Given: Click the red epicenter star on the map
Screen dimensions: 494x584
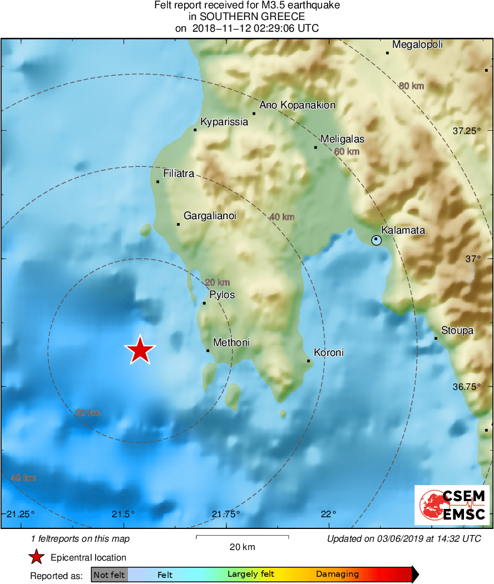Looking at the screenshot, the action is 140,350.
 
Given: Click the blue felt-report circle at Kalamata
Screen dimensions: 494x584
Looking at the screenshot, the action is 377,240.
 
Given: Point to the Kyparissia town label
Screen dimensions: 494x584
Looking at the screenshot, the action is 224,122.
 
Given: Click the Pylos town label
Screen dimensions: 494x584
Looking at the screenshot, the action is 222,295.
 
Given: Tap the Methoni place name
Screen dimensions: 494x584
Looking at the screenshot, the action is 231,343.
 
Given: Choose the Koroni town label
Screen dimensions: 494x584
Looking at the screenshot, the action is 329,353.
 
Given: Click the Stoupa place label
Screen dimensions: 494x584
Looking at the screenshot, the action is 457,330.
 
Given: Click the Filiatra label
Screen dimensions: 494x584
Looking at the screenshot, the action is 179,174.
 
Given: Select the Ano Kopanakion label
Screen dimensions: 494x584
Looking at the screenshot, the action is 298,105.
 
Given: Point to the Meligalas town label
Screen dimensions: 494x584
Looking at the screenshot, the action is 343,139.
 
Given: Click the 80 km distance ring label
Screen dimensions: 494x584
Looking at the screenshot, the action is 411,86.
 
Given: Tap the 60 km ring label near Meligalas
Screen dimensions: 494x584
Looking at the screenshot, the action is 347,151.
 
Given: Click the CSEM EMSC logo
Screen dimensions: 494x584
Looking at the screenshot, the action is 452,505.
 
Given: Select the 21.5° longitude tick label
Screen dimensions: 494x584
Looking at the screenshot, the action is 123,513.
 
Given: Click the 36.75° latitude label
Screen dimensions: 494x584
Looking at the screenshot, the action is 466,387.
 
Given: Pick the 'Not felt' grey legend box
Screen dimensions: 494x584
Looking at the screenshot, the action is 109,575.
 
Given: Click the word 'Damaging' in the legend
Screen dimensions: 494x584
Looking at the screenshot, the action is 337,575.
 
